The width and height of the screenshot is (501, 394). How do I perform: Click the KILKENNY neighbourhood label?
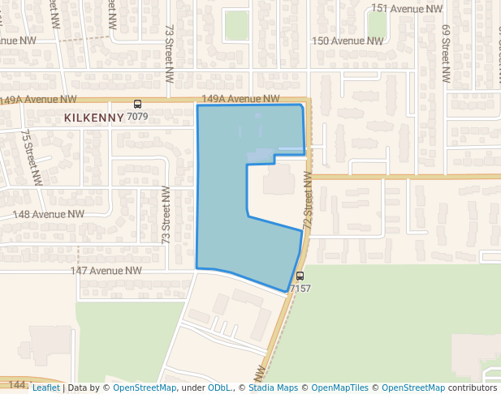(93, 117)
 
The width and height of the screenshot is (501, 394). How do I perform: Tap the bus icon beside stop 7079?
(137, 104)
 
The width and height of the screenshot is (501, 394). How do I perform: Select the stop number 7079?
(137, 117)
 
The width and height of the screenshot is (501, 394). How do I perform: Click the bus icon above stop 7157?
(300, 276)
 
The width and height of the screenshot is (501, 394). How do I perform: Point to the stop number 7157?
(300, 288)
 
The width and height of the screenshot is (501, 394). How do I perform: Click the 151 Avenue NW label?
(406, 8)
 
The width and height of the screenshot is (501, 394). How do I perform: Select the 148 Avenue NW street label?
(48, 215)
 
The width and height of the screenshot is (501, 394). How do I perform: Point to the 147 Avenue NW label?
(106, 271)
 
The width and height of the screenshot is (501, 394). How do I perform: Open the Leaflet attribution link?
(45, 388)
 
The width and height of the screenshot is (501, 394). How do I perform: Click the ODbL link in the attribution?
(219, 388)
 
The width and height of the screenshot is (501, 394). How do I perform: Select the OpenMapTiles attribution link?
(341, 388)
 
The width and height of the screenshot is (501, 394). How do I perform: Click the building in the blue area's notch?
(280, 182)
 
